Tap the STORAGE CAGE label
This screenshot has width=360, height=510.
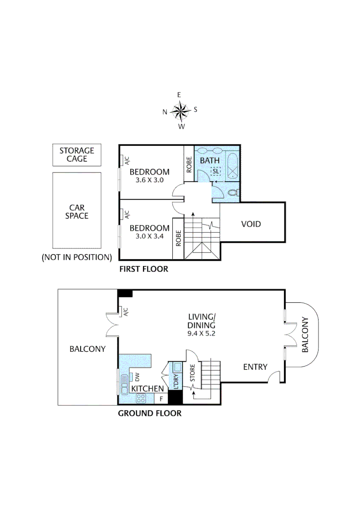tap(76, 155)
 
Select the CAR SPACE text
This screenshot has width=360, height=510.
tap(76, 211)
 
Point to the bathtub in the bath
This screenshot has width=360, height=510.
tap(233, 165)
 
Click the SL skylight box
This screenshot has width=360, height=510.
tap(216, 171)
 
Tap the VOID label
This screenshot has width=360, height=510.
tap(251, 224)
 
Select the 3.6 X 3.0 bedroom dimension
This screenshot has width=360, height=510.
tap(149, 180)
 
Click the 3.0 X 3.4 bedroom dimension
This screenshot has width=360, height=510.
tap(149, 236)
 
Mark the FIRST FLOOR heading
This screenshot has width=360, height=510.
tap(143, 270)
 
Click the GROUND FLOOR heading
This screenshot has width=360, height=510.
tap(149, 413)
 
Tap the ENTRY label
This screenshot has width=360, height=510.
tap(255, 366)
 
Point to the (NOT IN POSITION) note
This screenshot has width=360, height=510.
tap(76, 257)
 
